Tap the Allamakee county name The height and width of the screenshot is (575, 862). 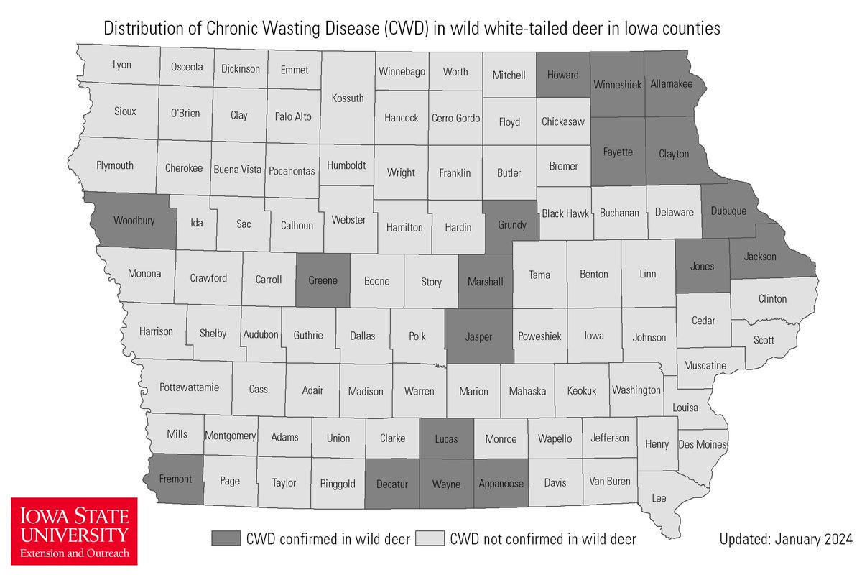671,84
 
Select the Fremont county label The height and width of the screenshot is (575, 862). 175,479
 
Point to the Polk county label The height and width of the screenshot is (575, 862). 417,336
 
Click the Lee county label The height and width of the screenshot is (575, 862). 659,497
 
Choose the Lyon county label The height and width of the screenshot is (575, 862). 122,65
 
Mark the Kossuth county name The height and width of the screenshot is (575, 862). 347,98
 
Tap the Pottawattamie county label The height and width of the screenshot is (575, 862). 190,387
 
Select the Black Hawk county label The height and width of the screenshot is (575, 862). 565,213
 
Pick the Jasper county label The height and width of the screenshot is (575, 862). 478,336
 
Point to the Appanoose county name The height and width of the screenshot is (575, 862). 501,484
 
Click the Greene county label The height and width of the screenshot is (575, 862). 323,280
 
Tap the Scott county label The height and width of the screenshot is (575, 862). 764,340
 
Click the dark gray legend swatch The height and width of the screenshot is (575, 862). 226,538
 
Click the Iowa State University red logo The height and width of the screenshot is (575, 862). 74,530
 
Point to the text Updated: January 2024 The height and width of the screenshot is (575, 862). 785,538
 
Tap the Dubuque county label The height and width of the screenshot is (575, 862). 728,211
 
